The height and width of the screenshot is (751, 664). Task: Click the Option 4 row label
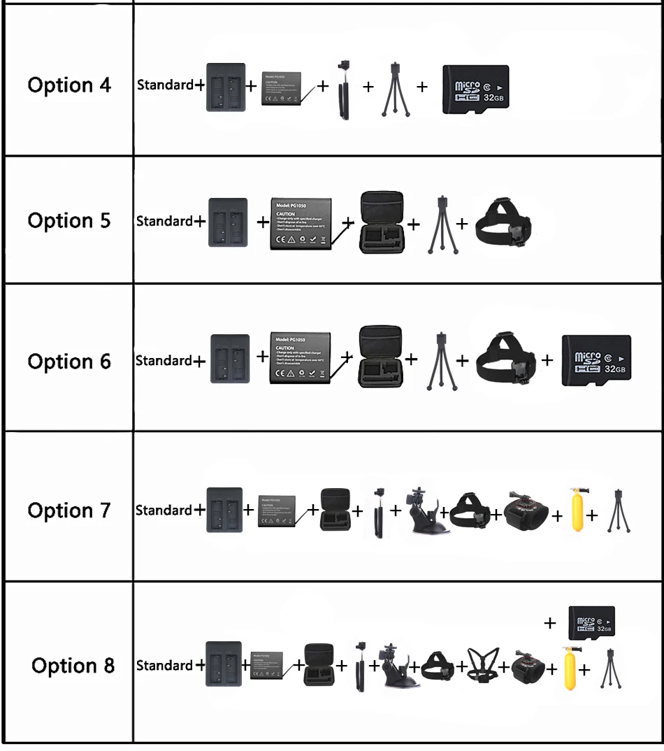click(x=69, y=85)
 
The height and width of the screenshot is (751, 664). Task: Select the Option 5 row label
click(x=69, y=221)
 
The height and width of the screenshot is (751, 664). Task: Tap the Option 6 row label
click(x=69, y=362)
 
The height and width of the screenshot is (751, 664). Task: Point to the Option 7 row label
click(x=69, y=510)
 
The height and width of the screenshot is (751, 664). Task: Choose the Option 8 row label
click(x=73, y=665)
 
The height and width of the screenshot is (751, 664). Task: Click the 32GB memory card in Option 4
click(x=475, y=90)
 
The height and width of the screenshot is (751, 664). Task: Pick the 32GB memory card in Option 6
click(x=596, y=361)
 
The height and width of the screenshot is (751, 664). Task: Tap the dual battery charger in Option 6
click(x=229, y=359)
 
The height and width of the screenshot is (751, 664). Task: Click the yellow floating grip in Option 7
click(x=576, y=510)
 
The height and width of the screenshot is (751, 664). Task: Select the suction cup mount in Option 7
click(x=425, y=510)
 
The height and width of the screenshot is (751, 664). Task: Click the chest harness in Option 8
click(x=483, y=665)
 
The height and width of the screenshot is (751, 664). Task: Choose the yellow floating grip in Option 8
click(x=569, y=669)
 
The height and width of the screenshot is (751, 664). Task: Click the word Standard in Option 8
click(x=164, y=665)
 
